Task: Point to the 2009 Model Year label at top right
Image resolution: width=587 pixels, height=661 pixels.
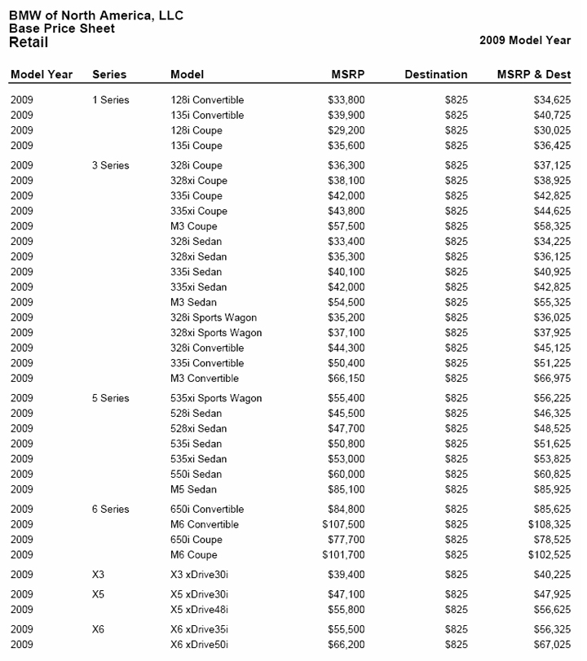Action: coord(525,39)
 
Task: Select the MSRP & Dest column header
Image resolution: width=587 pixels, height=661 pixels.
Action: coord(533,74)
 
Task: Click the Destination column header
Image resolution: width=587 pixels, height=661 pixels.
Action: coord(436,74)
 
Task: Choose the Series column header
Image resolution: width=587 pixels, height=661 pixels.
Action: coord(109,74)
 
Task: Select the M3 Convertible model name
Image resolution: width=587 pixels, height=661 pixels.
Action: coord(205,379)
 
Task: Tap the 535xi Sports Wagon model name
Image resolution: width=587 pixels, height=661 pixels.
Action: coord(216,399)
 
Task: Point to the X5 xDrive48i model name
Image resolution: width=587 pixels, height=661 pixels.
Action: coord(199,609)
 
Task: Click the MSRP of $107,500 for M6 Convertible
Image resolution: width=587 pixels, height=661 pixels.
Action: coord(343,525)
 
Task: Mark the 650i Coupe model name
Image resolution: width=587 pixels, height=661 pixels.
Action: coord(196,540)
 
